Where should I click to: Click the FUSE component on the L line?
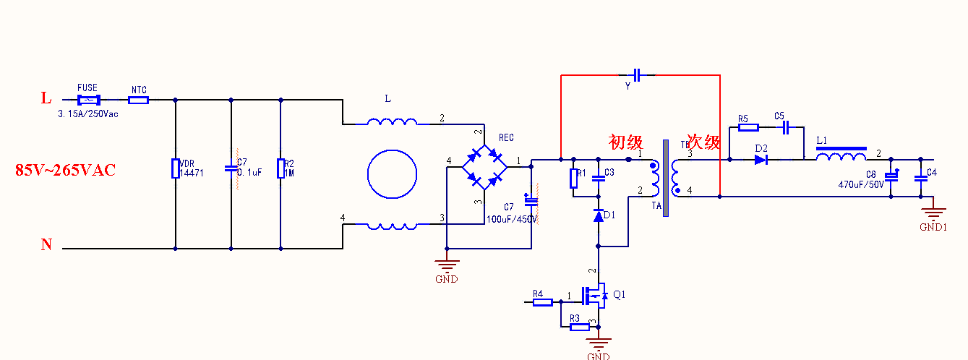point(87,100)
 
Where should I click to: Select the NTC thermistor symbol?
point(138,100)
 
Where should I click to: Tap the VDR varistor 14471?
point(175,168)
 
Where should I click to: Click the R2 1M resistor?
point(280,168)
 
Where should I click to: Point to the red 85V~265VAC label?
point(65,171)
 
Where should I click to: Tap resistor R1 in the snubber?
point(573,177)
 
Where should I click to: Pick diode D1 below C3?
point(599,215)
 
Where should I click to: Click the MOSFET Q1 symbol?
point(596,296)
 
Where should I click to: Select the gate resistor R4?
point(543,302)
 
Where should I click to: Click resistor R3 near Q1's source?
point(579,327)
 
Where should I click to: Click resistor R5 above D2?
point(748,128)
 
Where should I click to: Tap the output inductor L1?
point(841,158)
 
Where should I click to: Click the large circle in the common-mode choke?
point(393,174)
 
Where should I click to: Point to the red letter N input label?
point(46,245)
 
